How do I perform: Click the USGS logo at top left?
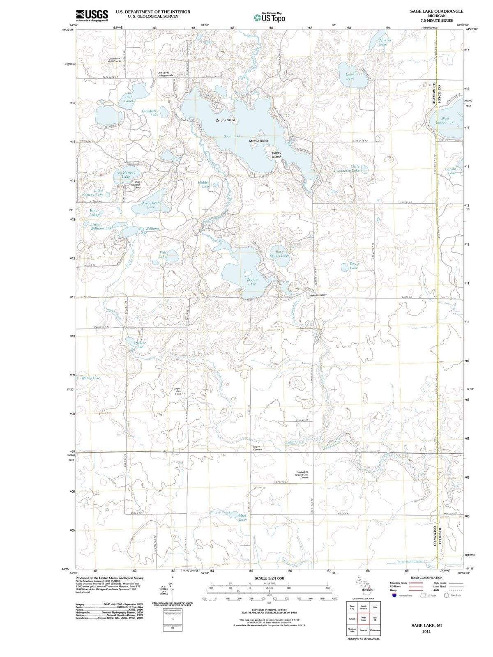click(x=92, y=15)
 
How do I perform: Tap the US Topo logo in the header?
click(x=269, y=18)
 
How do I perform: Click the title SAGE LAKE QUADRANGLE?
click(x=436, y=11)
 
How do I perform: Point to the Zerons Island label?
click(x=226, y=120)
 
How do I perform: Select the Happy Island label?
click(x=276, y=155)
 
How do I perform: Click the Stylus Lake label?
click(x=252, y=282)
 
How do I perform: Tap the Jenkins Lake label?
click(x=385, y=42)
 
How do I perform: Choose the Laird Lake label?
click(x=350, y=76)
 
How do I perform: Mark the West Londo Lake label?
click(x=445, y=120)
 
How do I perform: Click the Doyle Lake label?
click(x=354, y=266)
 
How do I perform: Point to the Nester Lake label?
click(x=140, y=345)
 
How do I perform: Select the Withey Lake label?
click(x=90, y=378)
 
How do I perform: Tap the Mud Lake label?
click(x=243, y=517)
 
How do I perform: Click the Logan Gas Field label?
click(x=177, y=391)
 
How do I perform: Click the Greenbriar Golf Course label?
click(x=115, y=60)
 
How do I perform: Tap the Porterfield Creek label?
click(x=409, y=561)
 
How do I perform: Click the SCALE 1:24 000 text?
click(x=269, y=578)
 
